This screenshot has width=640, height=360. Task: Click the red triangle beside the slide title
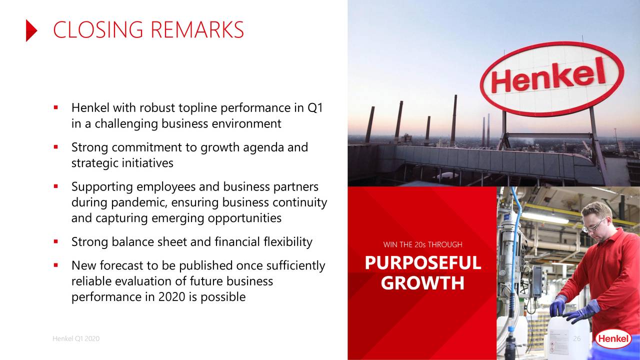pos(31,30)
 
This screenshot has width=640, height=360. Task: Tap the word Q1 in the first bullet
pos(317,107)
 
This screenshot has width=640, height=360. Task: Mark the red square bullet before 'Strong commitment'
pos(56,147)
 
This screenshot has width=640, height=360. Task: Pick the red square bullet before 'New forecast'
pos(56,265)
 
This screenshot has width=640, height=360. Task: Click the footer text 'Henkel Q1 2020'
pos(75,338)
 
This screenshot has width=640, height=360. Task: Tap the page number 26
pos(576,338)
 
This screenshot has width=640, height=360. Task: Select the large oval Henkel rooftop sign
pos(551,79)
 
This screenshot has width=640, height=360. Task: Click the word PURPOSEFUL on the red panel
pos(422,263)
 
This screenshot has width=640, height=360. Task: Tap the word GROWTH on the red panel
pos(422,283)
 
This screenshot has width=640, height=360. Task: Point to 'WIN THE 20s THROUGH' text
pos(422,244)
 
